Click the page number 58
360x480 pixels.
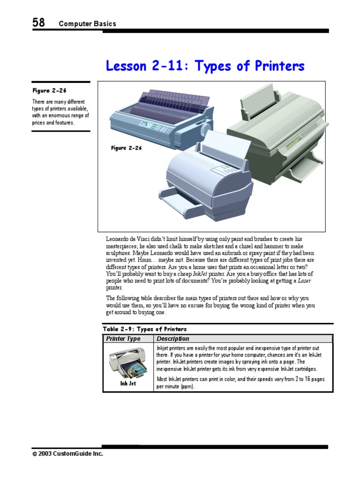[38, 22]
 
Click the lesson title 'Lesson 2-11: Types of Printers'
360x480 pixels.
[205, 66]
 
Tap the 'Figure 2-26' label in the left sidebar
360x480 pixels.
[49, 90]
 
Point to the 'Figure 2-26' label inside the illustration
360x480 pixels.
[127, 148]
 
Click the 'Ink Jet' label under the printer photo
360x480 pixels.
[128, 383]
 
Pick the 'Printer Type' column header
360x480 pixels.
[123, 338]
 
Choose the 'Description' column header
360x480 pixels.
[173, 338]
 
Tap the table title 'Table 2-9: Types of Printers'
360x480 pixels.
[144, 329]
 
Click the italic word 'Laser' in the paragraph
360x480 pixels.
[304, 281]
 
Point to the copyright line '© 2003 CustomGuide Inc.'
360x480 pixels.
[67, 454]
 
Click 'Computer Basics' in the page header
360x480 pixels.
[88, 23]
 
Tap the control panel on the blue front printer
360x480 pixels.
[228, 169]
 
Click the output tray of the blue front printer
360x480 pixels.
[180, 201]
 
